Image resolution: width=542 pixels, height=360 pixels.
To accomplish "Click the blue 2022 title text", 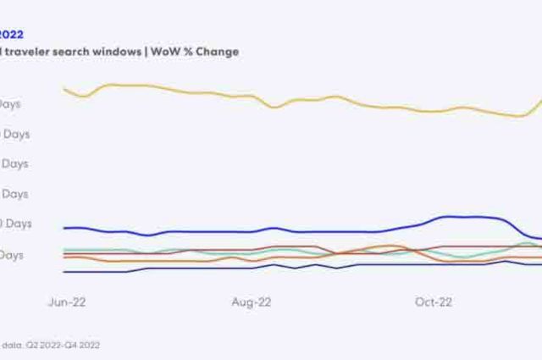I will click(12, 35).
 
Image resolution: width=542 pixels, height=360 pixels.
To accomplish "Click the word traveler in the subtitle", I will click(31, 52).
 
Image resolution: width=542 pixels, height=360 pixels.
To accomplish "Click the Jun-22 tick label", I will click(68, 302).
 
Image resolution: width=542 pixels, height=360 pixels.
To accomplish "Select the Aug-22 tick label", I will click(252, 302).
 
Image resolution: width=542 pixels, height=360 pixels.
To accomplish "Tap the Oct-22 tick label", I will click(434, 302).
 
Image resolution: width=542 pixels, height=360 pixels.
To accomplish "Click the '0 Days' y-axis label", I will click(15, 224).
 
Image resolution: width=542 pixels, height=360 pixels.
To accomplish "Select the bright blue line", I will click(212, 231).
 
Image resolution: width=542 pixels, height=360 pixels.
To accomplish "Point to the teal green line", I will click(462, 256).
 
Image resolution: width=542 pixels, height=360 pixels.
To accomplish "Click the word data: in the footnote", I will click(12, 345).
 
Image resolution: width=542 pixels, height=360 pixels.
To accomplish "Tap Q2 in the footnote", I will click(36, 345).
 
